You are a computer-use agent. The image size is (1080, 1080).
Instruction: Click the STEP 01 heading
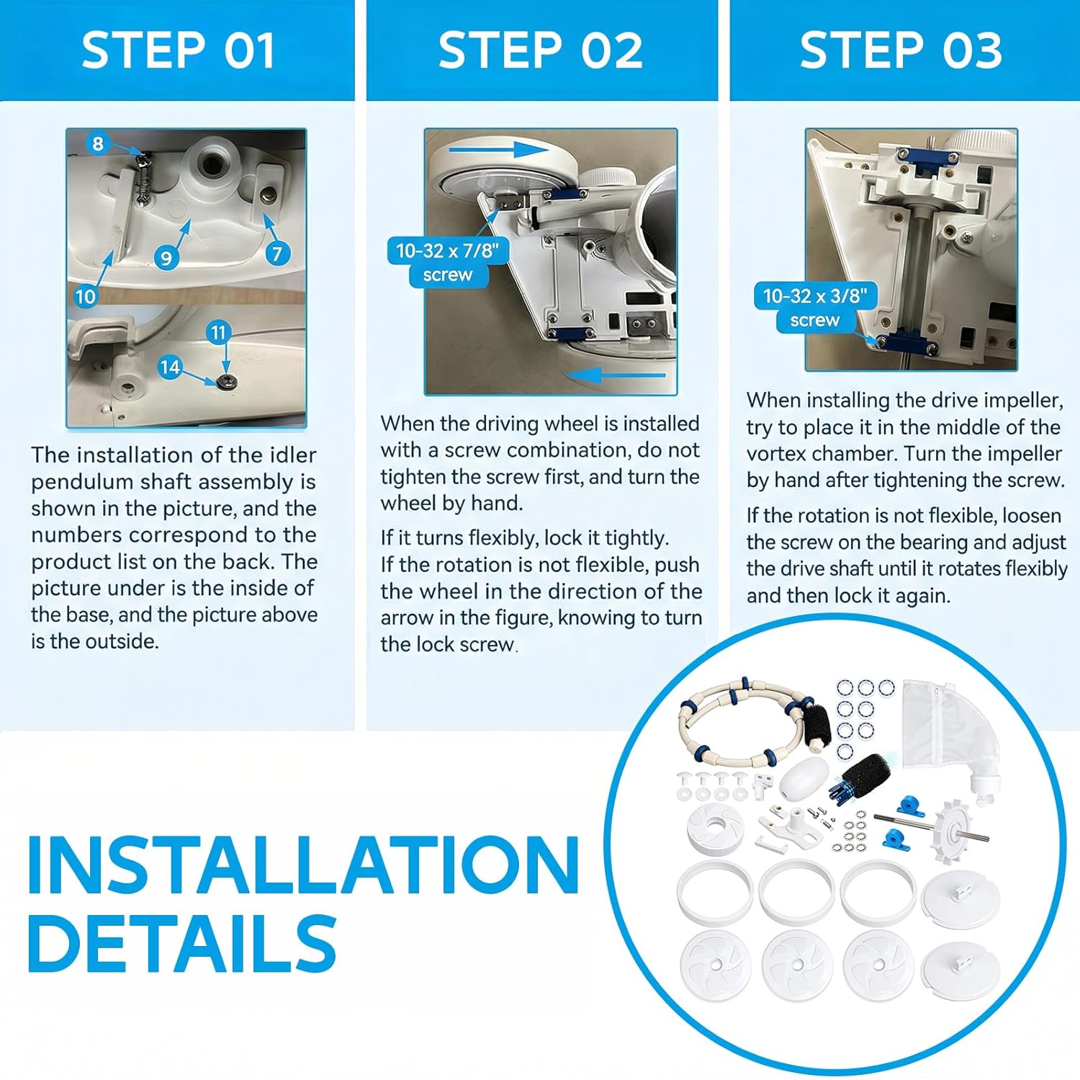(178, 50)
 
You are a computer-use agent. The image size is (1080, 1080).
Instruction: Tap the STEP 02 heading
(540, 50)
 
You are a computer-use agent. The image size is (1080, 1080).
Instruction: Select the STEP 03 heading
(901, 50)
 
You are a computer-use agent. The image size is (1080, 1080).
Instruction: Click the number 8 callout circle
(98, 143)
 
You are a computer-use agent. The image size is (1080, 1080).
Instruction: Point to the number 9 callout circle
(166, 257)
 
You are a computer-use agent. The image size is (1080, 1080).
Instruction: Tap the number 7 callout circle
(277, 253)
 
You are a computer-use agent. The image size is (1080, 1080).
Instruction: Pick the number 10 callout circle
(85, 296)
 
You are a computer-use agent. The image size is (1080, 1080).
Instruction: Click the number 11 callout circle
(218, 332)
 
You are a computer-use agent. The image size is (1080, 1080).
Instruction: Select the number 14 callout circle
(170, 367)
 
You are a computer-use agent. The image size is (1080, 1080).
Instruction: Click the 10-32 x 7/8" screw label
(448, 262)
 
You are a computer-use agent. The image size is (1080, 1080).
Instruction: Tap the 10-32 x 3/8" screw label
(815, 307)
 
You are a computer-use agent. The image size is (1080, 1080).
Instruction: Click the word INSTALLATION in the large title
(303, 865)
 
